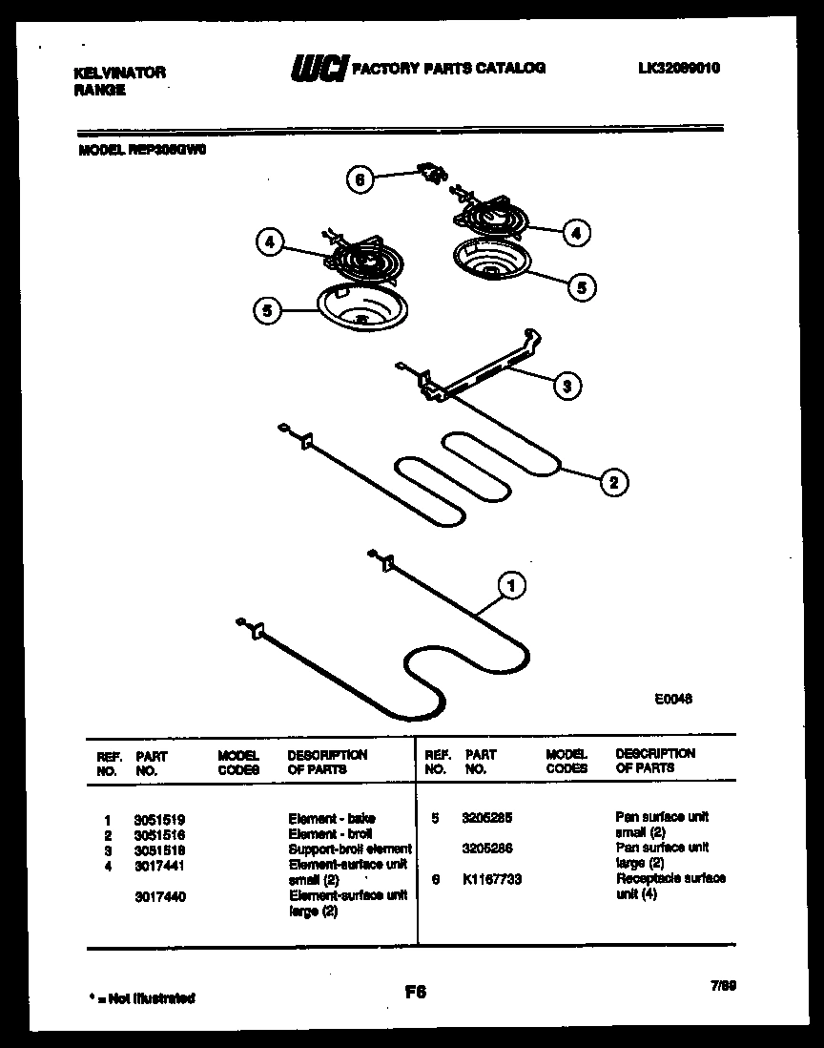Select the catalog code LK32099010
679,68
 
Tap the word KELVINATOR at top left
119,73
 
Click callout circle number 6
360,180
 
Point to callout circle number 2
613,483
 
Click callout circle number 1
512,586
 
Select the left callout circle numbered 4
271,243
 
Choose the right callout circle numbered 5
584,285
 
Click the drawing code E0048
672,699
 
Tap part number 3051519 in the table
160,818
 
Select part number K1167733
491,879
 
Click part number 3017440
160,896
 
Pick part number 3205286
485,848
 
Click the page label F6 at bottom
415,992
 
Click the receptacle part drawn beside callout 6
434,174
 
